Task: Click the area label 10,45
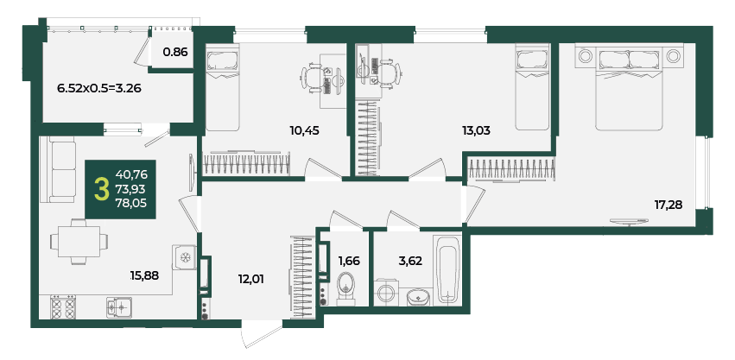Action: point(304,130)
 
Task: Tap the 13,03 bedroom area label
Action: point(475,130)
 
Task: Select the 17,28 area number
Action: point(668,204)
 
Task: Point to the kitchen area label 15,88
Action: point(145,275)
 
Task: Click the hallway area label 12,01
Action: point(250,280)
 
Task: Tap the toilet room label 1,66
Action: point(349,261)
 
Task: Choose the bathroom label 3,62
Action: point(410,261)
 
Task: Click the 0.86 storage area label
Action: point(175,52)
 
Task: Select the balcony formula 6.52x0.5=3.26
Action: point(99,88)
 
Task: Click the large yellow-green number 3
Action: point(100,189)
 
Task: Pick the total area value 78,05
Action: point(132,203)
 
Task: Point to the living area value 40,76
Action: point(132,175)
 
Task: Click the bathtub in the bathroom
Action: point(447,269)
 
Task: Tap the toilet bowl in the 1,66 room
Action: point(347,288)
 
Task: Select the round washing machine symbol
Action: point(387,293)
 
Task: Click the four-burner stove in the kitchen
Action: point(62,307)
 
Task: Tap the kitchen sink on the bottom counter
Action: point(118,307)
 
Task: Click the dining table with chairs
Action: point(79,242)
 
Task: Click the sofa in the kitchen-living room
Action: point(58,169)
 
